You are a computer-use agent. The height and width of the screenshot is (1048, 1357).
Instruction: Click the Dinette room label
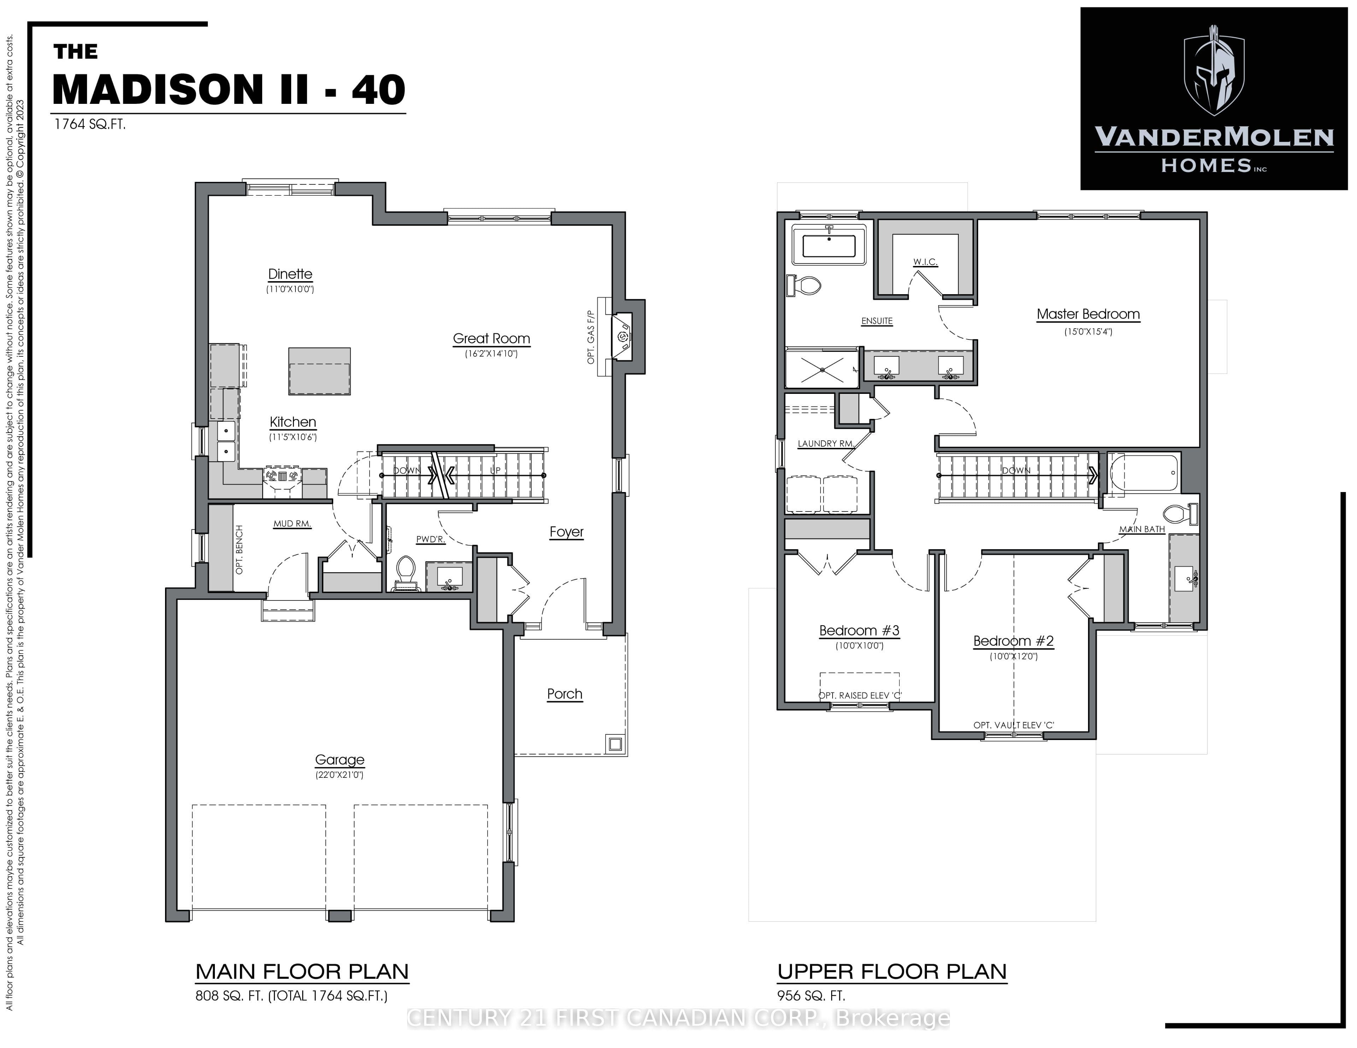(x=290, y=274)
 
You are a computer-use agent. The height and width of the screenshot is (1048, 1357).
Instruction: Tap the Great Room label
(x=492, y=339)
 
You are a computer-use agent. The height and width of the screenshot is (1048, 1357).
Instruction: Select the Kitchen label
(x=293, y=422)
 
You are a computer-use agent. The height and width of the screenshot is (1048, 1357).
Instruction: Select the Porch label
(x=565, y=694)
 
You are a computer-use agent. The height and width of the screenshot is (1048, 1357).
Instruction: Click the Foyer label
(x=567, y=532)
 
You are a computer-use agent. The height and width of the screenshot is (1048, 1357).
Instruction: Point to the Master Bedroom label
(x=1088, y=314)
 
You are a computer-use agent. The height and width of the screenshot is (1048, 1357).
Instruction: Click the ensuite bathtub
(x=829, y=245)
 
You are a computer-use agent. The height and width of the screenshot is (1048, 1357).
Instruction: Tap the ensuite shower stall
(x=822, y=369)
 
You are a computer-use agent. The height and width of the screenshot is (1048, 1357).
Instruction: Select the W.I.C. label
(x=925, y=262)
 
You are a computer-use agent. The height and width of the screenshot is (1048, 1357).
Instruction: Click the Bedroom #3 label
(x=859, y=630)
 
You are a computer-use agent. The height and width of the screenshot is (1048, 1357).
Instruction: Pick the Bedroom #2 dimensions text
(x=1014, y=656)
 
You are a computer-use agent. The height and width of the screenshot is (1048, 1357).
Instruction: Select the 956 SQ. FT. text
(x=811, y=996)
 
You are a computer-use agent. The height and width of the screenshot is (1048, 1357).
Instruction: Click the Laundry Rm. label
(x=826, y=444)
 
